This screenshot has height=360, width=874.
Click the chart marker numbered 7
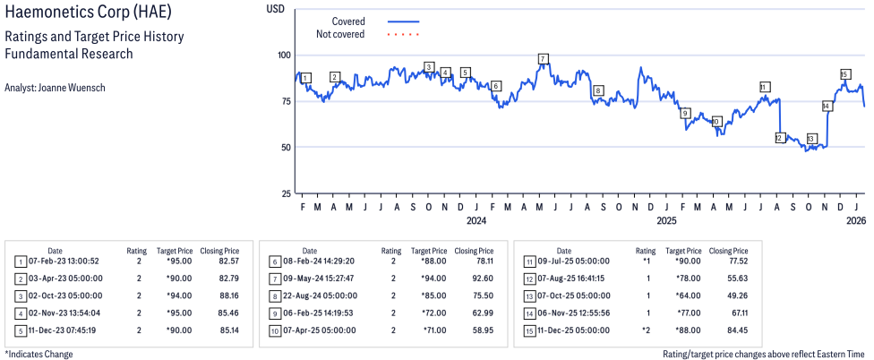[x=544, y=58]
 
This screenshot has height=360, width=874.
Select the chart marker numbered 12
[x=780, y=138]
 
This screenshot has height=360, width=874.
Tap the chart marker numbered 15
[x=844, y=74]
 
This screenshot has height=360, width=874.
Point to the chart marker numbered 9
[x=685, y=113]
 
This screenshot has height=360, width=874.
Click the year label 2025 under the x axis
[x=666, y=220]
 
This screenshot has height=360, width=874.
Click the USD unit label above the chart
[x=275, y=8]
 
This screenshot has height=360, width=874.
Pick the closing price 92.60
[x=482, y=279]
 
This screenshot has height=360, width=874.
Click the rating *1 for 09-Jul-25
[x=645, y=261]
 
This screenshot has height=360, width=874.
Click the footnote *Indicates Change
[x=39, y=354]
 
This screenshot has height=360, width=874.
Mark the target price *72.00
[x=433, y=313]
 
